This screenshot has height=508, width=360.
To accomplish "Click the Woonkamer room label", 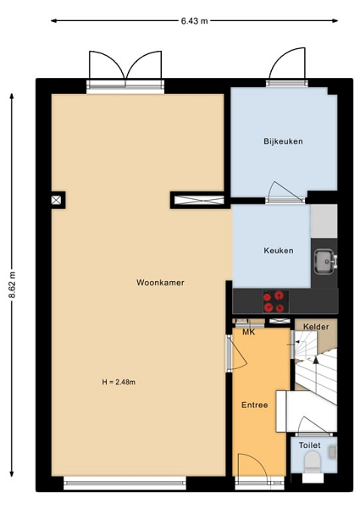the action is [160, 283].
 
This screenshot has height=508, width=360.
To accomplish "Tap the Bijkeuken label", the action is [283, 141].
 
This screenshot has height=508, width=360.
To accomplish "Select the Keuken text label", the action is [279, 251].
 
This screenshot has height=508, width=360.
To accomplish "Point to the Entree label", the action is [254, 405].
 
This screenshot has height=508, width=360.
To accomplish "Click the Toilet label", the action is [309, 445].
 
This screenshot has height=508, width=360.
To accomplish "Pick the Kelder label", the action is [316, 327].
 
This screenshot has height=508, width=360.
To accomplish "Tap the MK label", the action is [249, 332].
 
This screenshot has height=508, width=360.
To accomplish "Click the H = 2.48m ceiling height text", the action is [119, 382].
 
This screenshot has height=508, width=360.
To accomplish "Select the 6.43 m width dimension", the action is [195, 21].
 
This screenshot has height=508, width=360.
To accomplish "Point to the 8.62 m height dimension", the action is [12, 284].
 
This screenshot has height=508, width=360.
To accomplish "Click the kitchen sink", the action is [325, 262].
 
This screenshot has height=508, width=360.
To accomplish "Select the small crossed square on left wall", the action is [56, 200].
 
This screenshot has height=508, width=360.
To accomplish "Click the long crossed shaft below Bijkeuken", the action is [199, 200].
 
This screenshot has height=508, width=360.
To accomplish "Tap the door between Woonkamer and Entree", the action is [237, 353].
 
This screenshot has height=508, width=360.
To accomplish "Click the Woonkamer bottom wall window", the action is [125, 483].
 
